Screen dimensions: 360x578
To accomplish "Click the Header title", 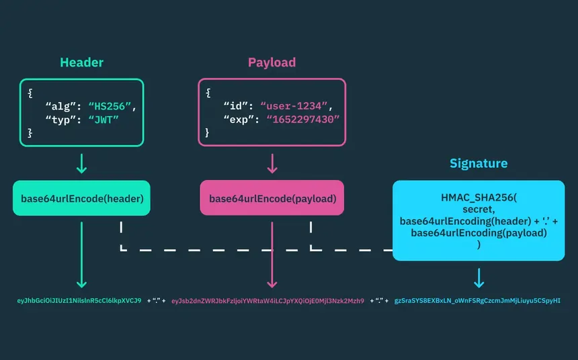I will click(x=81, y=62).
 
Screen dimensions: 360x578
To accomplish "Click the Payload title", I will click(x=272, y=62).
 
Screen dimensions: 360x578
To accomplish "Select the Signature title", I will click(x=479, y=163).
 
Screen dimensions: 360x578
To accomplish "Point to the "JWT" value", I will click(x=104, y=120).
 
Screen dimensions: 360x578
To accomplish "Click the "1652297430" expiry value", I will click(x=303, y=120).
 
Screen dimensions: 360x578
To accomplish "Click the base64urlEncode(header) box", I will click(x=81, y=198).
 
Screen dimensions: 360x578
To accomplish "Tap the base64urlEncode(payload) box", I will click(x=272, y=198).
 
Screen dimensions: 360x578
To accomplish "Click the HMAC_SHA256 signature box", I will click(x=479, y=220).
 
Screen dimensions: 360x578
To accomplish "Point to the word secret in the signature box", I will click(x=479, y=209).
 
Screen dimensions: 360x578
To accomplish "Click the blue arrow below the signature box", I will click(x=479, y=277).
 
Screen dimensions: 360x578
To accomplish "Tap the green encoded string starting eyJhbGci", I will click(x=79, y=301).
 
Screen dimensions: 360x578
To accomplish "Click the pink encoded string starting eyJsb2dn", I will click(x=267, y=301).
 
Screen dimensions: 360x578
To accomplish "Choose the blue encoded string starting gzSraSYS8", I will click(x=477, y=301).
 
